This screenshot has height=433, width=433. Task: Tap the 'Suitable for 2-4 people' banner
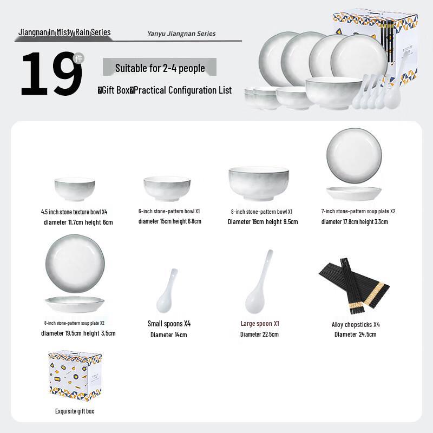160,68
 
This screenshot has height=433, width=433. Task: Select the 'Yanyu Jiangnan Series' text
181,34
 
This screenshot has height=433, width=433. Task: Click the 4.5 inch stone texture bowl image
75,190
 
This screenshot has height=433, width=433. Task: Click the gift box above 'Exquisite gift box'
74,376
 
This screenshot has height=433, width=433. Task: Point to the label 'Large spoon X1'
260,324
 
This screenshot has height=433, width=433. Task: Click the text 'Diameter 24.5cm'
355,334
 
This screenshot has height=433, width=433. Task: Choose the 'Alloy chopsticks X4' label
356,324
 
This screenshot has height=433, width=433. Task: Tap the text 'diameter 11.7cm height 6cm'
78,222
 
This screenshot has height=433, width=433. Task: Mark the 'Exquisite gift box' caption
75,411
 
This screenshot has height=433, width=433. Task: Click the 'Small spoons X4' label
169,324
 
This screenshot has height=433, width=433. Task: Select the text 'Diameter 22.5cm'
259,334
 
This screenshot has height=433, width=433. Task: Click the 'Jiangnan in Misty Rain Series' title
64,32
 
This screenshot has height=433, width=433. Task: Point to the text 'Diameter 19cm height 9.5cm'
263,221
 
